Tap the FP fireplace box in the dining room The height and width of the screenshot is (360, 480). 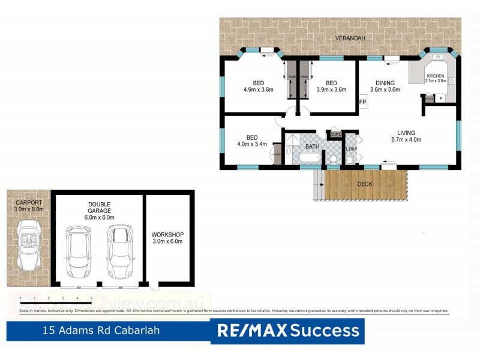click(362, 102)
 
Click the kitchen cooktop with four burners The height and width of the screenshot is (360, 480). click(451, 80)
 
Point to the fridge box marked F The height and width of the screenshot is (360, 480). click(442, 98)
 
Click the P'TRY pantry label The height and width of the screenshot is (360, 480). click(429, 98)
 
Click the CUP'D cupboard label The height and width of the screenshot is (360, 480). click(335, 134)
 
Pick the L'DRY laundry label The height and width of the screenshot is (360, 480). click(351, 148)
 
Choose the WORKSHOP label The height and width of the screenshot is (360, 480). click(167, 238)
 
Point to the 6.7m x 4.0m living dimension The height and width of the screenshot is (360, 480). click(406, 139)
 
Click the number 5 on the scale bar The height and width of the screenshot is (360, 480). click(91, 298)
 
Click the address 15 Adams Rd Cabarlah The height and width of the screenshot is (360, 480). click(101, 331)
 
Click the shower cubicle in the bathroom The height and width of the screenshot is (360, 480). click(292, 140)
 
